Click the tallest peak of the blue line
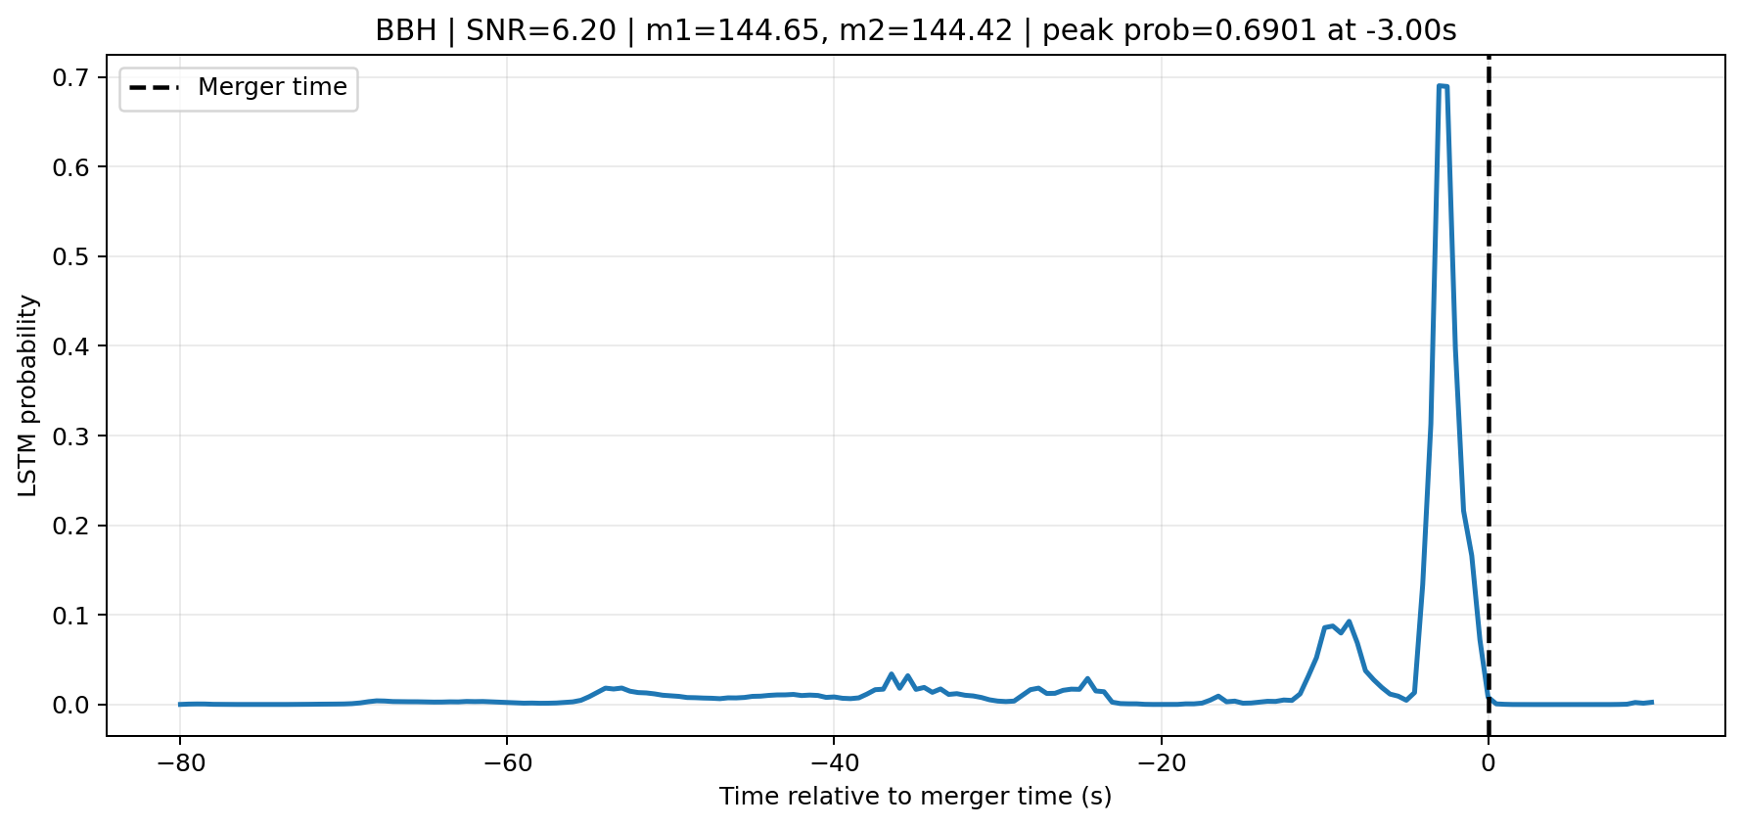[1442, 86]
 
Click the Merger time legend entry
[239, 88]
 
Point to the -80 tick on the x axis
[179, 762]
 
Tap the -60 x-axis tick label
[506, 762]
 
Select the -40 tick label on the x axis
[833, 762]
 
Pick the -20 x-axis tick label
[1161, 762]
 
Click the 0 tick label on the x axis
[1489, 762]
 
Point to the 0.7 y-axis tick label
[70, 77]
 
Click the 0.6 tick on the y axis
[70, 167]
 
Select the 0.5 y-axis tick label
[70, 257]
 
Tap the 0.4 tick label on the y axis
[70, 346]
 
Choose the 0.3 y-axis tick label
[70, 436]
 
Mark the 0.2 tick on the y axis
[70, 526]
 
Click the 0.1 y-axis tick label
[70, 616]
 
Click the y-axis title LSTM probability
[28, 395]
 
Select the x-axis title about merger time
[915, 797]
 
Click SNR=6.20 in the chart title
[541, 30]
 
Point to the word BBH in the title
[406, 30]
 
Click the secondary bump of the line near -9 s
[1349, 622]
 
